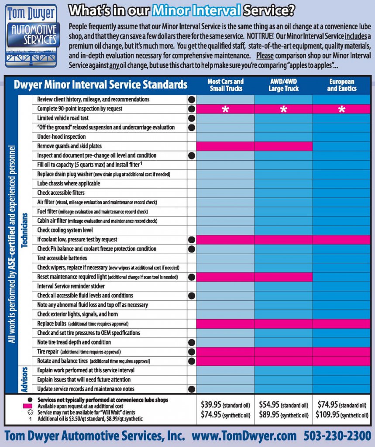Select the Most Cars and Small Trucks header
pos(225,85)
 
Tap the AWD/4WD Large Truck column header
pos(283,85)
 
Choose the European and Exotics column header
pos(342,85)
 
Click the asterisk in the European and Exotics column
pos(342,109)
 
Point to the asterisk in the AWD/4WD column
pos(283,109)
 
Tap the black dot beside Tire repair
pos(191,352)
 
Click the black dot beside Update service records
pos(191,389)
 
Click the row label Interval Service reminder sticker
pos(71,286)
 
